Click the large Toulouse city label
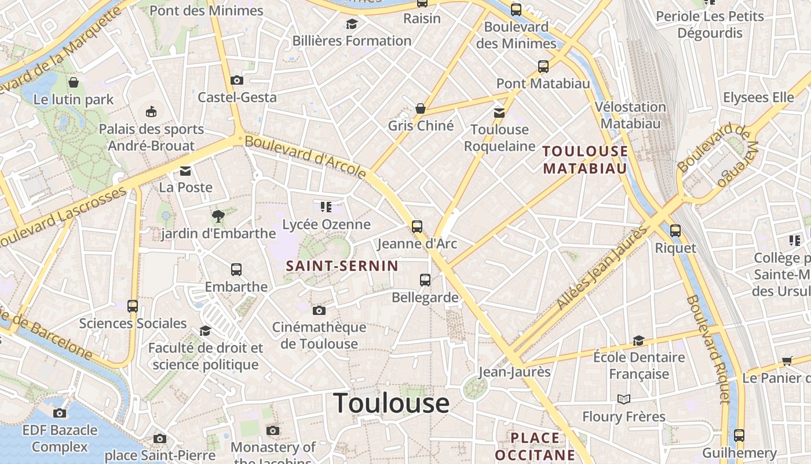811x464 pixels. click(x=392, y=403)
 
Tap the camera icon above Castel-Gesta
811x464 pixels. click(x=236, y=80)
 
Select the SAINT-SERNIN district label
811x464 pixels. click(x=342, y=266)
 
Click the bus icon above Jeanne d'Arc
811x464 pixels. click(x=417, y=226)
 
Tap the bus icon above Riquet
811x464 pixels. click(x=675, y=230)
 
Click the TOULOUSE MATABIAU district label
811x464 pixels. click(x=585, y=160)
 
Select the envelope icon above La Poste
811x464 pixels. click(x=185, y=171)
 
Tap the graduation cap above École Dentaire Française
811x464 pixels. click(x=638, y=340)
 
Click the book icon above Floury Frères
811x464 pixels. click(x=623, y=399)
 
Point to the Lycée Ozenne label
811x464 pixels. click(x=326, y=224)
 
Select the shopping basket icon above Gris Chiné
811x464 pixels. click(x=421, y=108)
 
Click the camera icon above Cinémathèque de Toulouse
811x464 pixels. click(x=319, y=310)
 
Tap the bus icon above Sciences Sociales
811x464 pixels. click(x=133, y=306)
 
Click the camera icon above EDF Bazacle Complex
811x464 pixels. click(x=59, y=413)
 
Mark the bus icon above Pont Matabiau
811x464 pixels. click(x=543, y=67)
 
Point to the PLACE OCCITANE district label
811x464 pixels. click(x=535, y=446)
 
